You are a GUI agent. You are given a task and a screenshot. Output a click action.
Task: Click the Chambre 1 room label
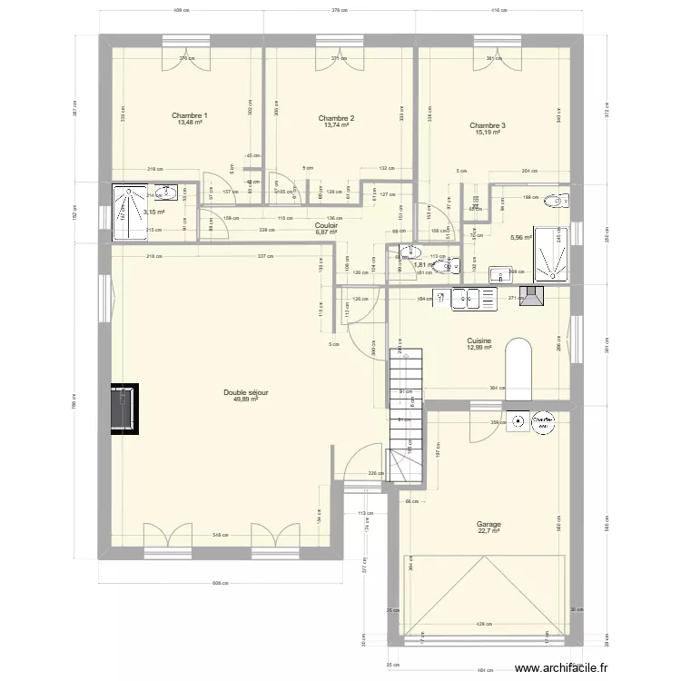(190, 115)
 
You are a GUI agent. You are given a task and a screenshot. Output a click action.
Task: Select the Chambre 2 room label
(336, 118)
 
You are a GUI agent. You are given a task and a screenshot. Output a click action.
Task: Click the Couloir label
(326, 225)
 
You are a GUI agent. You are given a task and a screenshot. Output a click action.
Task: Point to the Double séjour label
(245, 392)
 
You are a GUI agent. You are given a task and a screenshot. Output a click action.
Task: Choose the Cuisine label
(479, 340)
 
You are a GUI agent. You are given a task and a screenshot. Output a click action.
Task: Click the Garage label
(489, 524)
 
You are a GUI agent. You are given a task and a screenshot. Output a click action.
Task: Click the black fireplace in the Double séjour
(124, 409)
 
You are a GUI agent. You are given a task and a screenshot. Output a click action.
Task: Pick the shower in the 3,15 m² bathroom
(122, 213)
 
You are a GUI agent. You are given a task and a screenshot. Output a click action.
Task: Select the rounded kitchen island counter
(518, 368)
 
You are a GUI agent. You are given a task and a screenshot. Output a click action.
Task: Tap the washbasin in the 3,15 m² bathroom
(165, 192)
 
